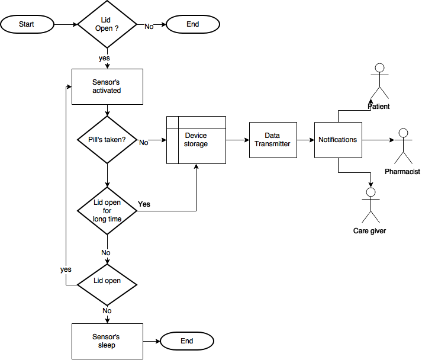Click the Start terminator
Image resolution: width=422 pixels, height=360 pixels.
(27, 24)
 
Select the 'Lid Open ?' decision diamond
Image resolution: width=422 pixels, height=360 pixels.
(107, 24)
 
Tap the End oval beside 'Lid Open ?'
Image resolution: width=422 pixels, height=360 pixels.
(193, 24)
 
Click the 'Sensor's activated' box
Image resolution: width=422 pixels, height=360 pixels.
(107, 86)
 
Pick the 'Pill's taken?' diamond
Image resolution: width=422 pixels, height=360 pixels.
(107, 140)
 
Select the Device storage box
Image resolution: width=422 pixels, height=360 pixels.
(196, 140)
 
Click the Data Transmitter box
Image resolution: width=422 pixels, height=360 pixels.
(273, 140)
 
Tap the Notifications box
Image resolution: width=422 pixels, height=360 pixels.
(338, 140)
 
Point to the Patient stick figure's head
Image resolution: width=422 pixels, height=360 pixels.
(379, 68)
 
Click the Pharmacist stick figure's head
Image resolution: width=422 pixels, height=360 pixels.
(403, 133)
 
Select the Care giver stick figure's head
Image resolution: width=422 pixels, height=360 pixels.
(371, 192)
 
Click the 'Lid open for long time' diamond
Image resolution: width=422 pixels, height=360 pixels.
(107, 211)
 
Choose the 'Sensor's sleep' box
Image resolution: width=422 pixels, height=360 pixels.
(107, 341)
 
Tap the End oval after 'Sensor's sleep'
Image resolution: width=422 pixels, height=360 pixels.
(187, 341)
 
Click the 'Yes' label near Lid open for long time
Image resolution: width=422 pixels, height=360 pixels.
(144, 204)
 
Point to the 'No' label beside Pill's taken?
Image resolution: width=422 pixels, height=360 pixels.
(144, 143)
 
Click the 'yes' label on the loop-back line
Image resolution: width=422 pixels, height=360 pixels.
(66, 269)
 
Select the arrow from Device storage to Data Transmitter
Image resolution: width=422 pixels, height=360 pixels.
(238, 140)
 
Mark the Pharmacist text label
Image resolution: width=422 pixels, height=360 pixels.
(402, 172)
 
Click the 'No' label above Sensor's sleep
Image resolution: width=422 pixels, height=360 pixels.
(107, 311)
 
